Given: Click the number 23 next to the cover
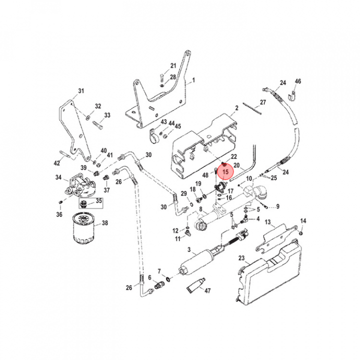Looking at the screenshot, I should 241,258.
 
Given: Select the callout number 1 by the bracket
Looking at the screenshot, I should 193,80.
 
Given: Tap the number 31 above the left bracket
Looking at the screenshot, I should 81,90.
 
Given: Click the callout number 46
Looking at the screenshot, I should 298,81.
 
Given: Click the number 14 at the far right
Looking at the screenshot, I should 303,221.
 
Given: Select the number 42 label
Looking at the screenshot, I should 57,162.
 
